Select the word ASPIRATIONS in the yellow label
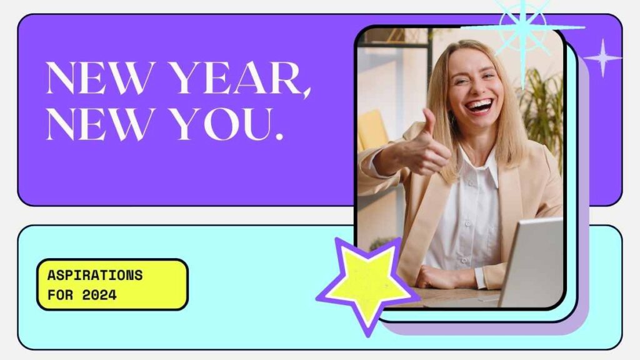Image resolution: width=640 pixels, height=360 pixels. tap(95, 276)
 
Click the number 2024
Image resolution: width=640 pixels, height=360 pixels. tap(99, 295)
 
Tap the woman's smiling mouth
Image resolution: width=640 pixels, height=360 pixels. tap(479, 106)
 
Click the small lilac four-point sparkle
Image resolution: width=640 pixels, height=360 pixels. tap(602, 58)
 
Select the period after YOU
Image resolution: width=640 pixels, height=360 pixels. tap(279, 136)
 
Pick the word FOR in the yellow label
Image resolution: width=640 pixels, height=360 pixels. tap(61, 295)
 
